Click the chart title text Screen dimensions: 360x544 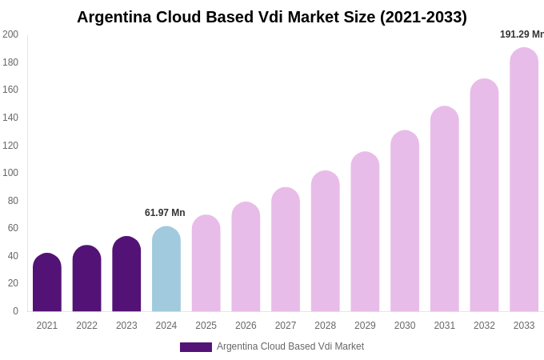tap(272, 17)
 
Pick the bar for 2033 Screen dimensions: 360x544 tap(524, 180)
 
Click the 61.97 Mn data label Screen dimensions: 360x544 tap(165, 213)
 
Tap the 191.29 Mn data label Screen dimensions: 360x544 tap(522, 34)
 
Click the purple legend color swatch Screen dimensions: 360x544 tap(196, 347)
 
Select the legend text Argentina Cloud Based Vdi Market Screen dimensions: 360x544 tap(290, 346)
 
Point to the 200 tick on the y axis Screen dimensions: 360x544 tap(10, 34)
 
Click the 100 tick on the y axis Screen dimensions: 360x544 tap(10, 173)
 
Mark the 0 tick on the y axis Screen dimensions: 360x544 tap(15, 311)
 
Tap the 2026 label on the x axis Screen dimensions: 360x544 tap(246, 326)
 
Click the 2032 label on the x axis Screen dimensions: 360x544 tap(484, 326)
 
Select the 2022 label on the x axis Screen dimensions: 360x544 tap(87, 326)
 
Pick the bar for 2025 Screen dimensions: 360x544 tap(206, 263)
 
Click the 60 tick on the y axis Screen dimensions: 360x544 tap(13, 228)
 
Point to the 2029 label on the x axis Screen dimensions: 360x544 tap(365, 326)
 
